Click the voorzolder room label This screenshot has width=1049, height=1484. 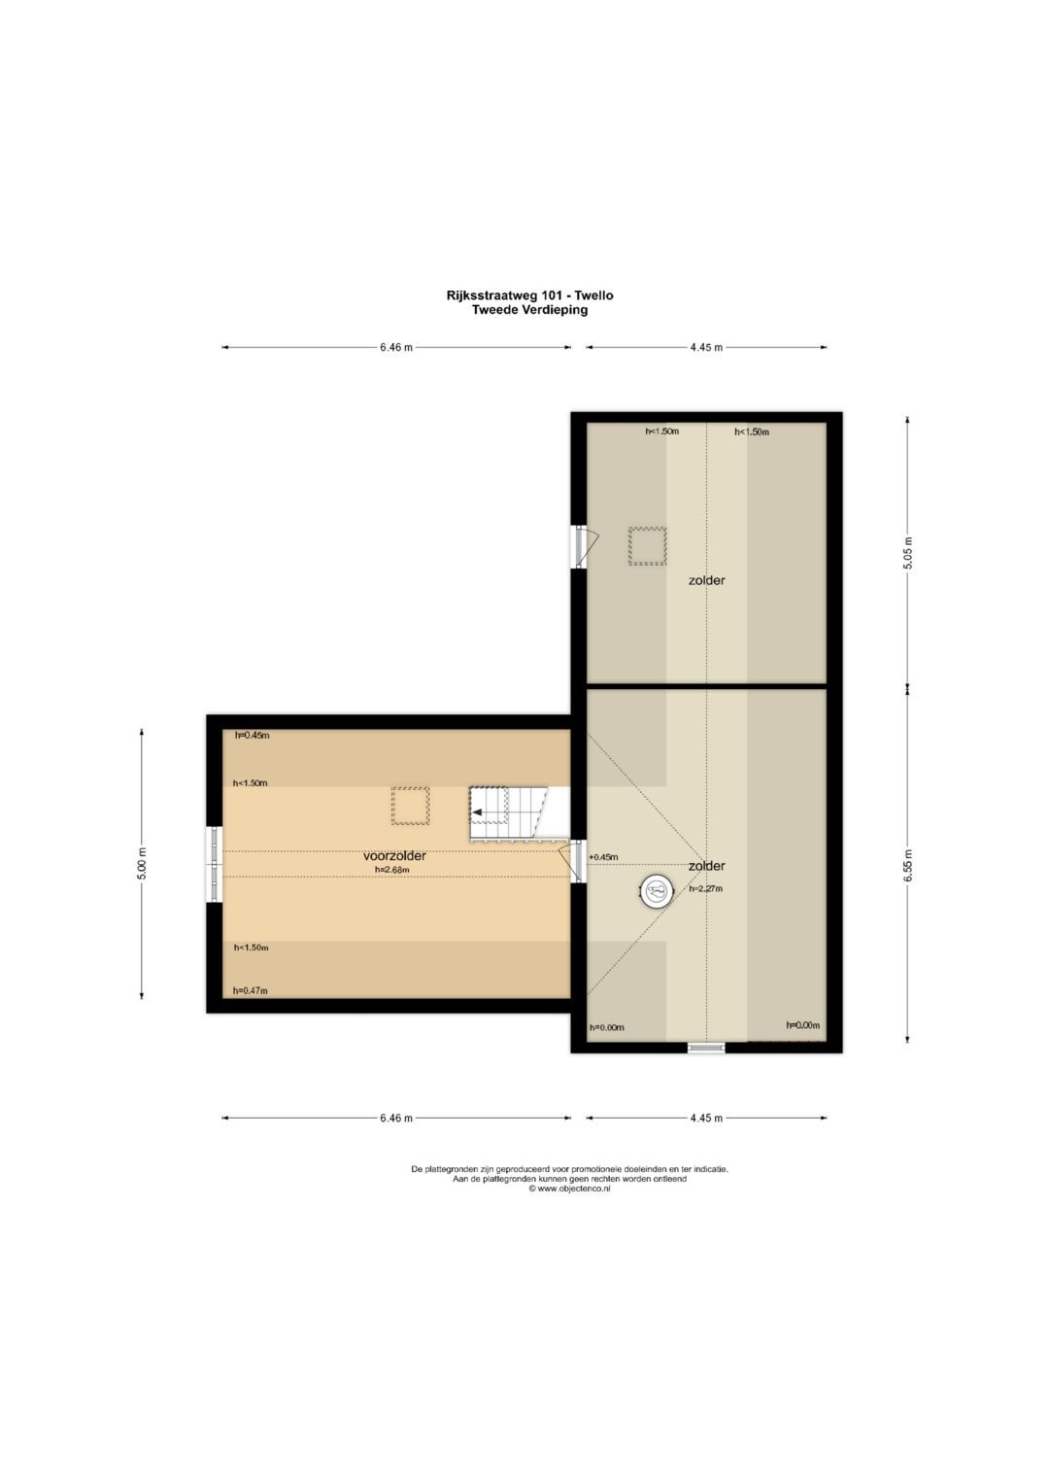tap(394, 856)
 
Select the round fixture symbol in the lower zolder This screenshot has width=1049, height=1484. tap(657, 892)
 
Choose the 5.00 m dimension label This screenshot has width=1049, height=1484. tap(142, 864)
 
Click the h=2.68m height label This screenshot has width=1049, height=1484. tap(390, 870)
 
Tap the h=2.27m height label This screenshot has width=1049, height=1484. tap(705, 889)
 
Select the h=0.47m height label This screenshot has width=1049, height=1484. tap(251, 991)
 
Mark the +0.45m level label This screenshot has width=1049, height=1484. tap(603, 856)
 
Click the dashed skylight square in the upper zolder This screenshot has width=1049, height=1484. tap(647, 546)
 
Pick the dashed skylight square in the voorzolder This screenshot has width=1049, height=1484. tap(410, 806)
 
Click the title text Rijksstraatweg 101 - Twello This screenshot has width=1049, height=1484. tap(529, 295)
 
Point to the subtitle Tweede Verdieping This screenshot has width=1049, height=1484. tap(529, 310)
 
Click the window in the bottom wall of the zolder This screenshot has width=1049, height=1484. tap(706, 1048)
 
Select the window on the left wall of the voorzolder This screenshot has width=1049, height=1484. tap(215, 864)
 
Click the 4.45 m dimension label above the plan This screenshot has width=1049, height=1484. tap(706, 347)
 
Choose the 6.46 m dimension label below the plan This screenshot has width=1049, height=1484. tap(396, 1119)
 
